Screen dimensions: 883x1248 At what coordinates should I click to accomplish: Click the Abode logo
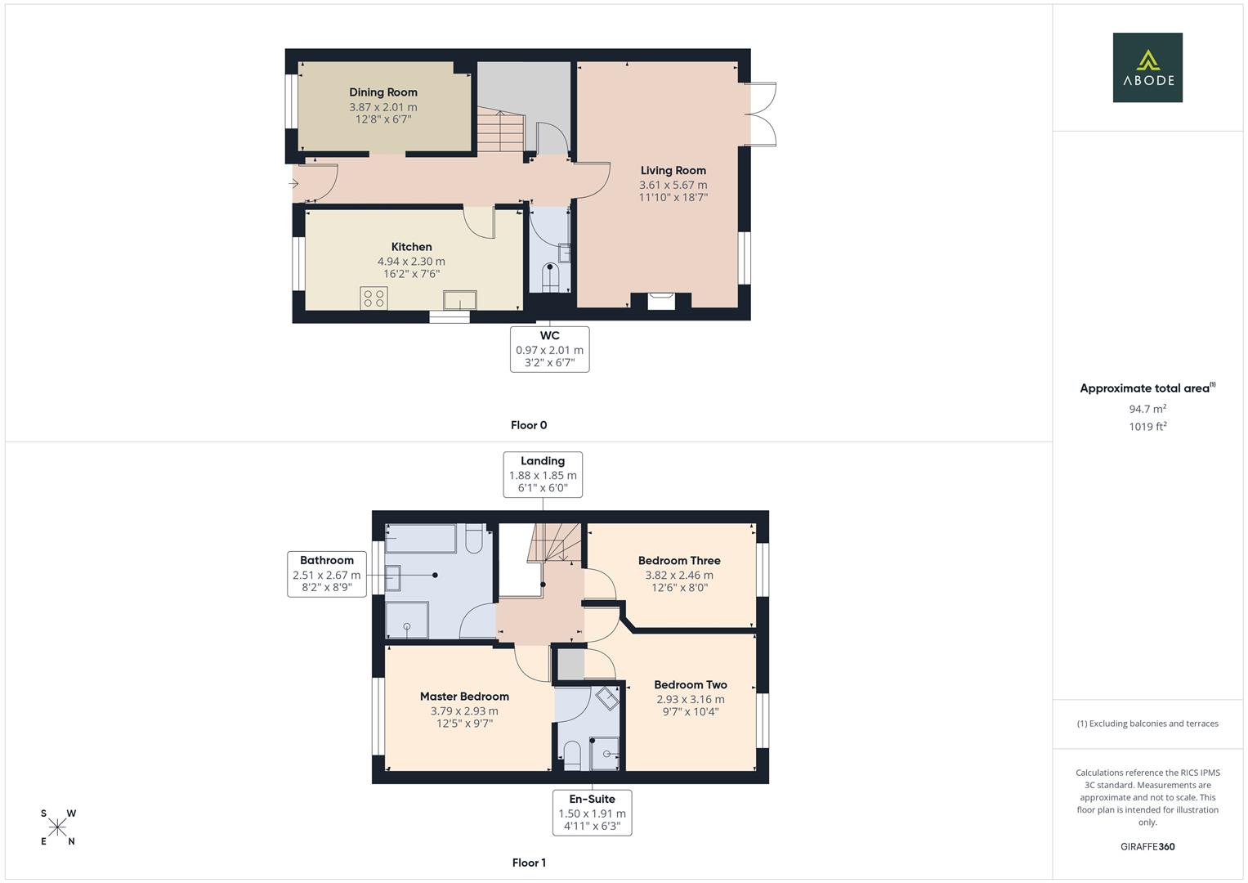point(1147,68)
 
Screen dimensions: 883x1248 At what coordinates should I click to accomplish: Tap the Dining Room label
point(383,92)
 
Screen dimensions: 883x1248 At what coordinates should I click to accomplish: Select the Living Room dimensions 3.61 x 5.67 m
point(673,185)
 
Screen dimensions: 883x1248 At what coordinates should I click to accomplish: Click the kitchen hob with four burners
point(374,298)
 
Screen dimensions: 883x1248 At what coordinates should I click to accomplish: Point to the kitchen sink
point(458,300)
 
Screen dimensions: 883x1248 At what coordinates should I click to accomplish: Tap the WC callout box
point(549,349)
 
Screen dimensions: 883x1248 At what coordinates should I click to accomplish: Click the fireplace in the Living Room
point(661,301)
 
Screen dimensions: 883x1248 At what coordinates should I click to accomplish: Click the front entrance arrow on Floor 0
point(293,184)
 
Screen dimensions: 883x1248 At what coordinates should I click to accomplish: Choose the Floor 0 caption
point(529,425)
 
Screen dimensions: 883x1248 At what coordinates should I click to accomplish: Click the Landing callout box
point(543,474)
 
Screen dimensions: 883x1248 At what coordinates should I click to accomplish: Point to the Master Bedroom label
point(464,697)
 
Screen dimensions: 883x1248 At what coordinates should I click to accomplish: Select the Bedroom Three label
point(679,561)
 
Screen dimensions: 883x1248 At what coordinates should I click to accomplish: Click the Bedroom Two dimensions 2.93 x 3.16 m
point(690,699)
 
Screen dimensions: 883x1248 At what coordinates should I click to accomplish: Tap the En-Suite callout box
point(592,813)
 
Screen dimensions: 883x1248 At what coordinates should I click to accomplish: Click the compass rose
point(57,827)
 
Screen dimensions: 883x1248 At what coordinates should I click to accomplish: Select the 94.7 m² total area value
point(1147,409)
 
